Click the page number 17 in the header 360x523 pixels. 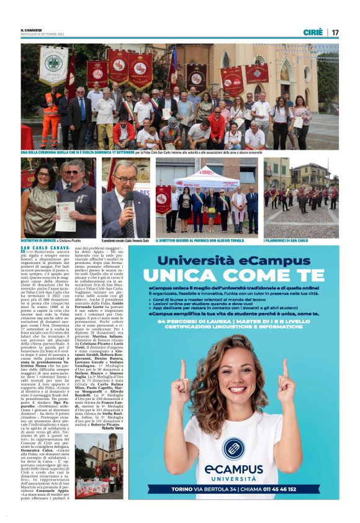point(335,32)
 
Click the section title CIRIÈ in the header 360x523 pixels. point(313,32)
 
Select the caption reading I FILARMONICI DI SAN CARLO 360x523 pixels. point(286,240)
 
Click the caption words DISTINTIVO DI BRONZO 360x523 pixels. point(38,240)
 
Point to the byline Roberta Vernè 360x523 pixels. point(112,429)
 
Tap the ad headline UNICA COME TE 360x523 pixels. point(241,274)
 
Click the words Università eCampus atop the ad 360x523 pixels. point(242,258)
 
